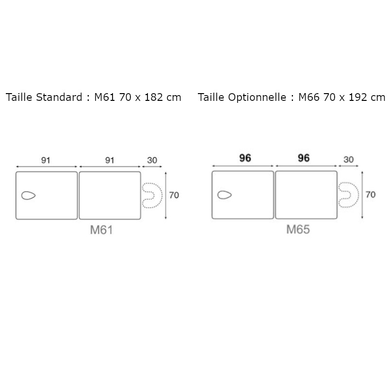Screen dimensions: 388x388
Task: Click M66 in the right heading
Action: point(308,97)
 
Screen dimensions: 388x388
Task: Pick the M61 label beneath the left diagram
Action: point(101,230)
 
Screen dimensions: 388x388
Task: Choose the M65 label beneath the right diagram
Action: point(298,229)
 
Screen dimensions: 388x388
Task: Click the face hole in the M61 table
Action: point(29,195)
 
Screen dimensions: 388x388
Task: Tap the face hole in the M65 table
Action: point(225,195)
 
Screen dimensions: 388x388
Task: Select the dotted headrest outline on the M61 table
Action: point(151,195)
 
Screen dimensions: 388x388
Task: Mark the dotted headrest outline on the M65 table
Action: point(348,195)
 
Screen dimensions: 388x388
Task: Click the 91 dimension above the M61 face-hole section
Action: point(46,161)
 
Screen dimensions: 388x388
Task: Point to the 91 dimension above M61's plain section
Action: point(110,161)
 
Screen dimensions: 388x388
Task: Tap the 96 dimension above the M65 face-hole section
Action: point(245,159)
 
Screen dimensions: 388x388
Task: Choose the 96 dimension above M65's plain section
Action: point(304,159)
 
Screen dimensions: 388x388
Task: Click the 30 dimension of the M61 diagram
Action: point(151,161)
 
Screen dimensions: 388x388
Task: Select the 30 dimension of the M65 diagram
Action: point(348,159)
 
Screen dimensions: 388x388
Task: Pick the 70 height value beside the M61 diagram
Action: point(174,195)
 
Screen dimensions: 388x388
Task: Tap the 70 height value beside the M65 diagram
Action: point(371,195)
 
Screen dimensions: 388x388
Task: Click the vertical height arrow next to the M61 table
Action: point(166,195)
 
